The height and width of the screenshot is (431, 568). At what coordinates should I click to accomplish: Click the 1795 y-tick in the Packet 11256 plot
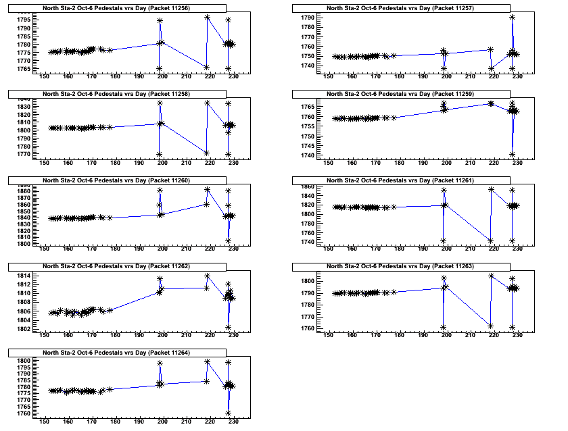pyautogui.click(x=24, y=19)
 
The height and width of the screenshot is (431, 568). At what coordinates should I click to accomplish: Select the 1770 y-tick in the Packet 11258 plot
pyautogui.click(x=24, y=154)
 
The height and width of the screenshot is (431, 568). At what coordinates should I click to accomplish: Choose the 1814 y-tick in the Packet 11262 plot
pyautogui.click(x=24, y=276)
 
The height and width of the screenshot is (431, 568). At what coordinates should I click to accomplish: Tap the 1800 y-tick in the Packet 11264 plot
pyautogui.click(x=24, y=361)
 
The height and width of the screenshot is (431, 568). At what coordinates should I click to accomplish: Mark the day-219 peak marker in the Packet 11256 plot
pyautogui.click(x=207, y=17)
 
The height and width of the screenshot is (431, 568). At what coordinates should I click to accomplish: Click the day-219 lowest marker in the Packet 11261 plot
pyautogui.click(x=491, y=241)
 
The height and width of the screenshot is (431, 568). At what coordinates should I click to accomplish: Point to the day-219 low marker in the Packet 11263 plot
pyautogui.click(x=491, y=326)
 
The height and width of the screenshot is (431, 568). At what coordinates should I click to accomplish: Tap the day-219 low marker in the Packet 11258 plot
pyautogui.click(x=207, y=153)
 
